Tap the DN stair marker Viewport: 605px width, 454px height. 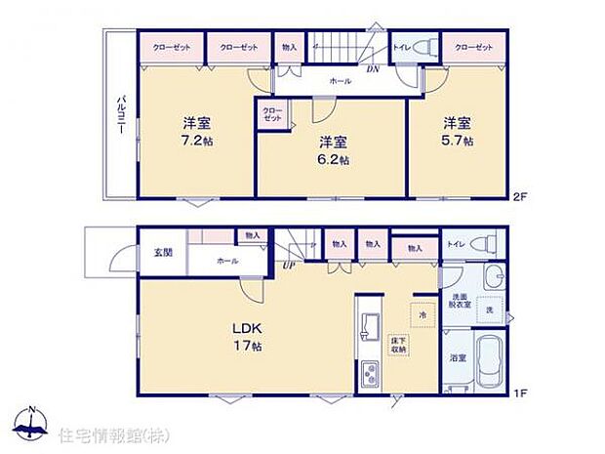372,69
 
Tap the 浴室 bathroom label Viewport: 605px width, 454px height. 457,357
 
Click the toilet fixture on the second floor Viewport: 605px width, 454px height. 424,47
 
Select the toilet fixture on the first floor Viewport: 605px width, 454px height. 484,243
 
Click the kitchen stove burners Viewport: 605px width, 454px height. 372,372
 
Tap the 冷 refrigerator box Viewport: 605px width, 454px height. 423,315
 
